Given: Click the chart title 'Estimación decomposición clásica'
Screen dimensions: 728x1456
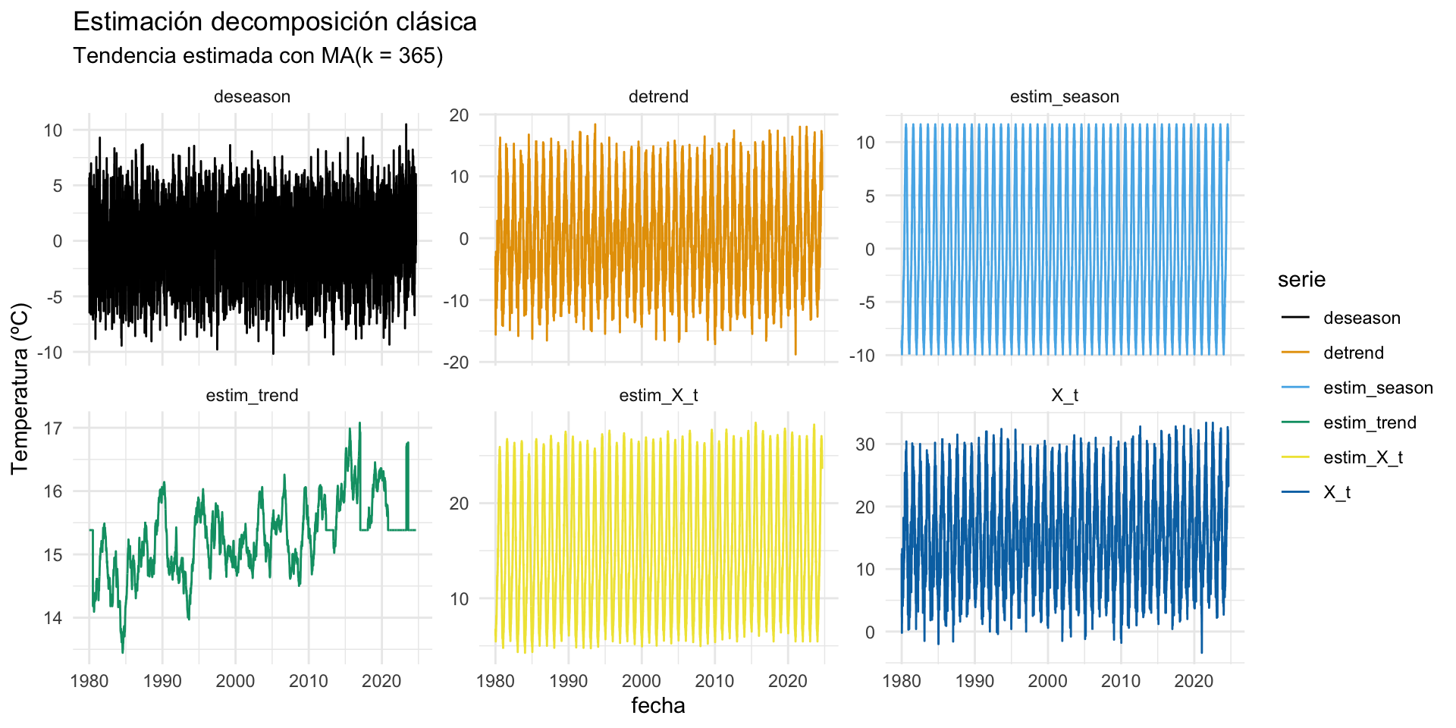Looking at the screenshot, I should coord(275,22).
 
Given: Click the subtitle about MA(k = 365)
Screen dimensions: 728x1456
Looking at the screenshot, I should coord(258,56).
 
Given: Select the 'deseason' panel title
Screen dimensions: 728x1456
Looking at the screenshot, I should coord(252,97).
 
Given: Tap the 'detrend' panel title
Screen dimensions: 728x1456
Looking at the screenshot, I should coord(658,97).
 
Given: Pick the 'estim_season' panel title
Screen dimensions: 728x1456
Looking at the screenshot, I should coord(1064,97).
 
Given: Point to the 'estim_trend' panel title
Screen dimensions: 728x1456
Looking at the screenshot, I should coord(252,396).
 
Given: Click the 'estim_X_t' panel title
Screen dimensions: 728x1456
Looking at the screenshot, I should coord(658,396).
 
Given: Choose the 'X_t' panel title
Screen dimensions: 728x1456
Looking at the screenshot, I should coord(1064,396).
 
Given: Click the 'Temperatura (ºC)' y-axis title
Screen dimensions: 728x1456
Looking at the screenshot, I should coord(20,388).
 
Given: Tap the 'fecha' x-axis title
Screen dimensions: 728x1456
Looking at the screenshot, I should coord(658,706).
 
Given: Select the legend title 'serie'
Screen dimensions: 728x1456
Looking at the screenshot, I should coord(1301,280).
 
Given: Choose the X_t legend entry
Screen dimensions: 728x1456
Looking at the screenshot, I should coord(1337,493).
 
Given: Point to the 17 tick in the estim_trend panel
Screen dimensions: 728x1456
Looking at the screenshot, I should coord(53,428).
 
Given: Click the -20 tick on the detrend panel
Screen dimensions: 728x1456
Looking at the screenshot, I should coord(458,363).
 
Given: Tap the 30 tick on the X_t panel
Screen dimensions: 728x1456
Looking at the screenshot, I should coord(864,444).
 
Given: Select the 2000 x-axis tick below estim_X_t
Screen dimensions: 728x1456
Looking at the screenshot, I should coord(642,681).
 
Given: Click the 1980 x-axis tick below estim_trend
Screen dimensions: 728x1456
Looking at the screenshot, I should coord(89,681).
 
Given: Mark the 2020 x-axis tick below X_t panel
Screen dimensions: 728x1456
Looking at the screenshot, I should coord(1194,681).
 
